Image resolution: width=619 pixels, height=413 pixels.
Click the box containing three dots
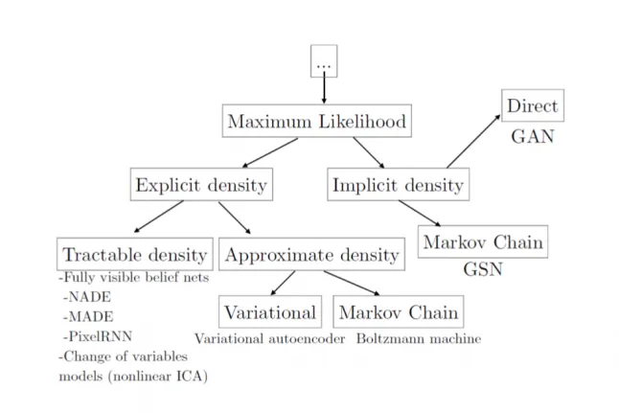(324, 60)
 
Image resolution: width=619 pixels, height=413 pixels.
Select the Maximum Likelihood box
(316, 121)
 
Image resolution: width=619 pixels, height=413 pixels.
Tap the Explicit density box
(201, 184)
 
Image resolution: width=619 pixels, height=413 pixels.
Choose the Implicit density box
(399, 184)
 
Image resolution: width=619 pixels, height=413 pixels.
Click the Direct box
(533, 105)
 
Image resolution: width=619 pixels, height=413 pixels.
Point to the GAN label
(533, 137)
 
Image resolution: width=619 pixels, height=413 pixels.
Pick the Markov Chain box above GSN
(483, 241)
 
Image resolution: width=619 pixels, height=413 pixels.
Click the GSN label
(483, 269)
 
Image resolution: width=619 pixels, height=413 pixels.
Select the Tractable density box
(135, 254)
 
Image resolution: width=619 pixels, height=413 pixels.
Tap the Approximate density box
(311, 254)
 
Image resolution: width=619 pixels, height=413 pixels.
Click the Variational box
(270, 311)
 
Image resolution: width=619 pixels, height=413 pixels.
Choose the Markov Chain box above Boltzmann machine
(399, 311)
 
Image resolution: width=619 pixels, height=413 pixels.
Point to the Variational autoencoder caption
(270, 339)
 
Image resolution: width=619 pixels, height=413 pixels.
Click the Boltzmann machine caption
(419, 339)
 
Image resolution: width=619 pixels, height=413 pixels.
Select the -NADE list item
(87, 297)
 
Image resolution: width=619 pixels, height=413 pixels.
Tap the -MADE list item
(88, 316)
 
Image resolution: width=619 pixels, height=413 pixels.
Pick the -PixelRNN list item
(98, 336)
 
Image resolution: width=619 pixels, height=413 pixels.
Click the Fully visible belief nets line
(134, 278)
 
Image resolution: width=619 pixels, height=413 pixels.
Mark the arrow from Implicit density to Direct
(473, 142)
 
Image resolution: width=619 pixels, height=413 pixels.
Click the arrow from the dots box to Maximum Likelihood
(324, 87)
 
